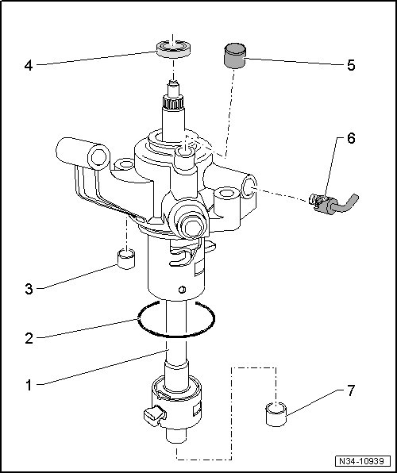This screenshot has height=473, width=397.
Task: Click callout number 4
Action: coord(29,65)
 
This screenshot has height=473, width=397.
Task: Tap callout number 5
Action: coord(351,65)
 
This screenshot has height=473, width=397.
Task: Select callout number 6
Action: coord(351,138)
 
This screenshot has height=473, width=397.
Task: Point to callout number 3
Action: coord(29,290)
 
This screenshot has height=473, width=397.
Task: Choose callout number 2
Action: coord(29,339)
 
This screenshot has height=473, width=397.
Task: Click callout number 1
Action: coord(29,385)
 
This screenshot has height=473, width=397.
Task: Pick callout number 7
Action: coord(351,391)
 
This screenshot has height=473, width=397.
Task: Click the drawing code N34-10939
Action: coord(363,461)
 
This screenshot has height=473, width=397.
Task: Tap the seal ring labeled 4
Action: coord(174,49)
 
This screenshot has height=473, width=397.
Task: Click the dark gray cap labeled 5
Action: coord(234,56)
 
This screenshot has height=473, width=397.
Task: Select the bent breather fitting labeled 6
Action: coord(333,204)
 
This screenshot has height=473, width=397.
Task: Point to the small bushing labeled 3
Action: coord(126,259)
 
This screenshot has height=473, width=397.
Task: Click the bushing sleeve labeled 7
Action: coord(276,414)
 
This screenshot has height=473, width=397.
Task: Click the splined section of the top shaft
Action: coord(173,102)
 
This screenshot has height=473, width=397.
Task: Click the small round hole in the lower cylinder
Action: coord(182,290)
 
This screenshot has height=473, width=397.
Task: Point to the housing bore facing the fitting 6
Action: coord(250,187)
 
